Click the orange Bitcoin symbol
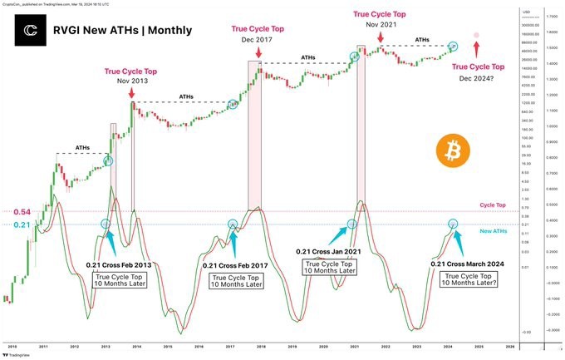point(453,153)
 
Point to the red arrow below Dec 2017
point(259,52)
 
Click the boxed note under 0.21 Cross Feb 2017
point(235,280)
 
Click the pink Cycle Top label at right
point(493,205)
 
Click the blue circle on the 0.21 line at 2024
point(453,224)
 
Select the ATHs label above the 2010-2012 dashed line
point(83,148)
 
